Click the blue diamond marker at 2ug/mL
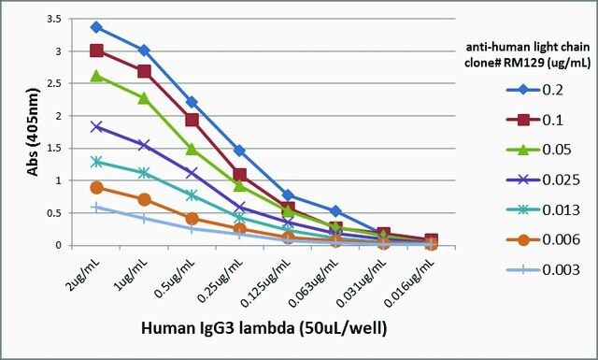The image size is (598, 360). click(96, 27)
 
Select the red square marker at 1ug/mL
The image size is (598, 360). click(144, 71)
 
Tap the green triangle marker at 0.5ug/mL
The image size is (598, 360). click(192, 149)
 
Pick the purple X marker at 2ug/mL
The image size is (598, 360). click(96, 127)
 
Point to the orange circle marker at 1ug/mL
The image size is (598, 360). click(144, 199)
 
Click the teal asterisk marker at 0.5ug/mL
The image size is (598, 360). click(192, 195)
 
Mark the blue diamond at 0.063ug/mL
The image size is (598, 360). click(335, 211)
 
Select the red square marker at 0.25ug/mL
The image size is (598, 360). click(240, 175)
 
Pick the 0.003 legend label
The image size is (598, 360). click(561, 270)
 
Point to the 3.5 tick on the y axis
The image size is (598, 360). click(54, 19)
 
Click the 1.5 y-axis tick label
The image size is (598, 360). click(54, 148)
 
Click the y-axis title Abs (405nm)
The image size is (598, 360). click(34, 132)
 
